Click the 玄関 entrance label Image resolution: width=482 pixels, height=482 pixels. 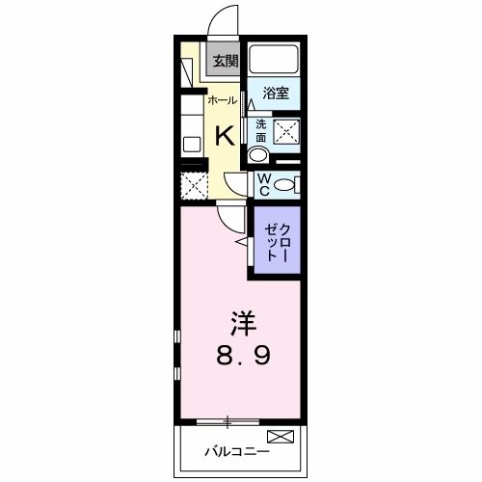[x=225, y=61]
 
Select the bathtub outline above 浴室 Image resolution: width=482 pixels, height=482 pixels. [x=273, y=61]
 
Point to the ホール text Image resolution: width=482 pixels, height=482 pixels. [x=223, y=99]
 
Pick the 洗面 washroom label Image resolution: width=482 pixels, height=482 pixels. [x=260, y=130]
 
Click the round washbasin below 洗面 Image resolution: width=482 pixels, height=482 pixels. [x=258, y=155]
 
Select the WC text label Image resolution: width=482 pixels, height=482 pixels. [x=262, y=183]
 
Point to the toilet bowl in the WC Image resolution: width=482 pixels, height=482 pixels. [x=285, y=184]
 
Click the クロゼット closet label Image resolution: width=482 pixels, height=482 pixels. [x=274, y=240]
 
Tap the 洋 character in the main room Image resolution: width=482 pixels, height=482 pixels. [x=241, y=320]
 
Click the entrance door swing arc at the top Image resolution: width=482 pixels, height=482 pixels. [x=224, y=19]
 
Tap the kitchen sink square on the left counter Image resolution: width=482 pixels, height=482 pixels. [x=192, y=145]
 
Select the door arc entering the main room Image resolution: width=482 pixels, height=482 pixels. [x=228, y=217]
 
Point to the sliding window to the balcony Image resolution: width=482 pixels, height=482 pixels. [x=228, y=420]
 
